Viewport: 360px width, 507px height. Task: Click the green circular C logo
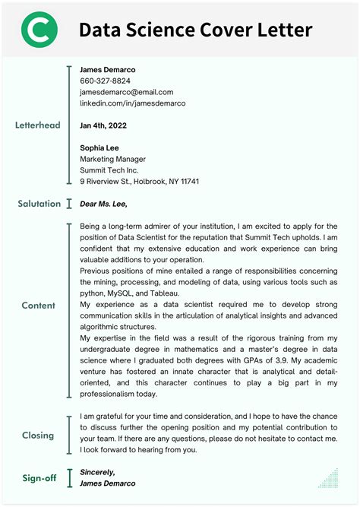[x=38, y=30]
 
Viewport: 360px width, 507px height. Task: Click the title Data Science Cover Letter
[x=195, y=30]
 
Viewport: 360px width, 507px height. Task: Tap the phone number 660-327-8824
[x=105, y=81]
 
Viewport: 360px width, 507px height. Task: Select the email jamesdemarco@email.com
[x=126, y=92]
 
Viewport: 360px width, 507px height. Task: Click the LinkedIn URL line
[x=132, y=103]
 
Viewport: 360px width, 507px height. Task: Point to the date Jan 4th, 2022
[x=103, y=125]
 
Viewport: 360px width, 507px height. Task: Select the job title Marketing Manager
[x=112, y=159]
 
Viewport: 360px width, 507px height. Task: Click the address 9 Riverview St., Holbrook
[x=139, y=182]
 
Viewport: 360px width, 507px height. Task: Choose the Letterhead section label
[x=38, y=125]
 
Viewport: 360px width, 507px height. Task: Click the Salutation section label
[x=39, y=204]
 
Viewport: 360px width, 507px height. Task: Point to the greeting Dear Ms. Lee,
[x=103, y=204]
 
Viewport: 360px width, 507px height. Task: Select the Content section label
[x=38, y=306]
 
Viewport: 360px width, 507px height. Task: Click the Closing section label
[x=38, y=436]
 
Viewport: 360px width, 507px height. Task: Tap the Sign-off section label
[x=38, y=477]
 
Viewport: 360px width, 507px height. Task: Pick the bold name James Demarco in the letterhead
[x=107, y=69]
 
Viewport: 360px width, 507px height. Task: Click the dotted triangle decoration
[x=328, y=478]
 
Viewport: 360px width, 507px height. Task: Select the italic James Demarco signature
[x=107, y=483]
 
